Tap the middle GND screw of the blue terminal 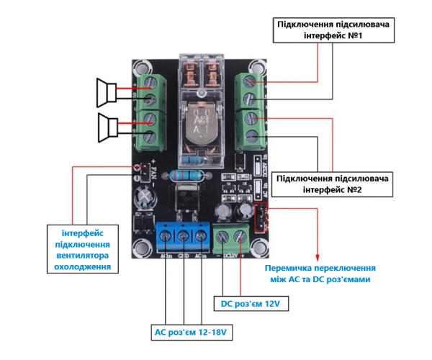click(x=183, y=235)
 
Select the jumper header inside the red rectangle click(x=262, y=215)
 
